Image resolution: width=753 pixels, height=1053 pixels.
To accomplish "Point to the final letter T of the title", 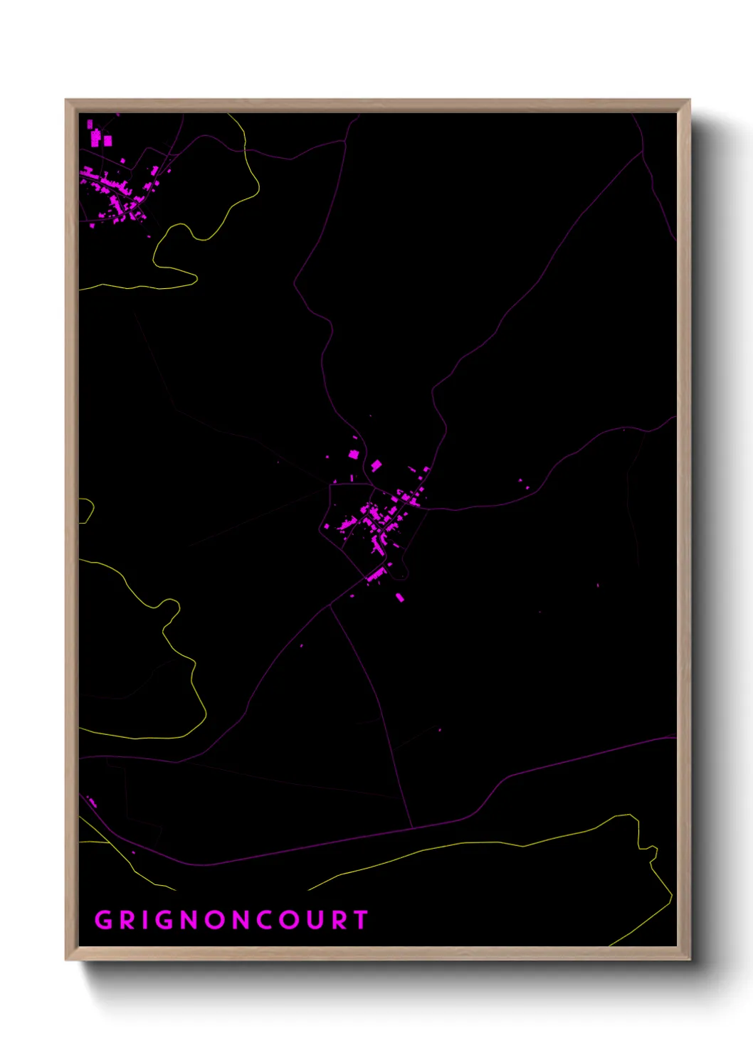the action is [361, 920].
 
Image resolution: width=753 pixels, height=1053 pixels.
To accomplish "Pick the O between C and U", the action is [288, 920].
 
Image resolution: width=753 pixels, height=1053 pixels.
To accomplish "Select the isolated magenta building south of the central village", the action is [399, 597].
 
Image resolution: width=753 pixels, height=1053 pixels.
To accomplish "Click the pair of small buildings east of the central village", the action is [523, 484].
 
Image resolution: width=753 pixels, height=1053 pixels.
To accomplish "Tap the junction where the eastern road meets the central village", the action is [428, 508].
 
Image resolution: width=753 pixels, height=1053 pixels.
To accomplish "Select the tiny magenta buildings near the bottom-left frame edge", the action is [91, 802].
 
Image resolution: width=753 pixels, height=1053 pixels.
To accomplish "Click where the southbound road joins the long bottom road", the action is [413, 827].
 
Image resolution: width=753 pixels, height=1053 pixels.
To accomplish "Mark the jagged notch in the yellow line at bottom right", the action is [649, 850].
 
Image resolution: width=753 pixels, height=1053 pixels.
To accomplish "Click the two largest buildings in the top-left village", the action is [100, 139].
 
